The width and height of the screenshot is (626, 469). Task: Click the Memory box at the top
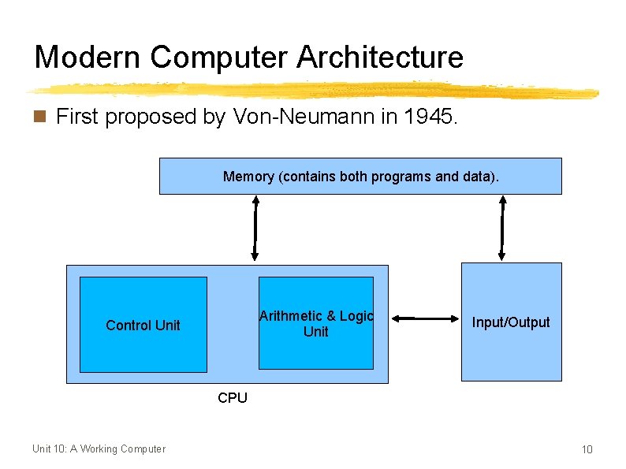pyautogui.click(x=360, y=176)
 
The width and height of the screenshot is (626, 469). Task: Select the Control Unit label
pyautogui.click(x=143, y=325)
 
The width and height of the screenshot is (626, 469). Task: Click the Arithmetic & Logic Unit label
pyautogui.click(x=315, y=323)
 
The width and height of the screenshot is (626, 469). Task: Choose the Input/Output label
pyautogui.click(x=511, y=322)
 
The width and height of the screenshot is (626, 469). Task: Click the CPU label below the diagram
pyautogui.click(x=233, y=398)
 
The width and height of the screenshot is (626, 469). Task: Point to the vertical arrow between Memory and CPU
pyautogui.click(x=255, y=228)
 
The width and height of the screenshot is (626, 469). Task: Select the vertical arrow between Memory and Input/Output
pyautogui.click(x=503, y=228)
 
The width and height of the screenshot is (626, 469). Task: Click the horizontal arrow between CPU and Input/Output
pyautogui.click(x=425, y=318)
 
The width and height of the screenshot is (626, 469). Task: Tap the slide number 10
pyautogui.click(x=587, y=449)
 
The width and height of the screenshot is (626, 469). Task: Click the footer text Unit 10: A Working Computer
pyautogui.click(x=99, y=449)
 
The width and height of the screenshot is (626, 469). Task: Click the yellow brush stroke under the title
pyautogui.click(x=315, y=91)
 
